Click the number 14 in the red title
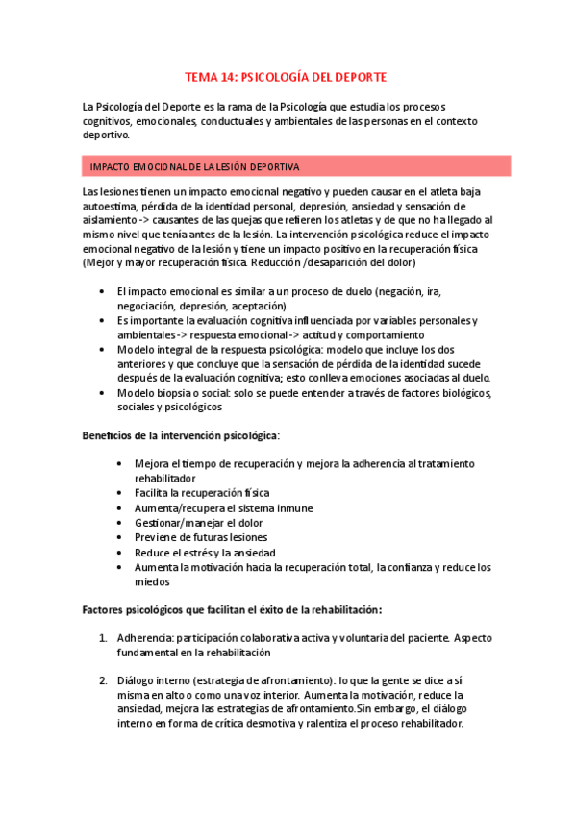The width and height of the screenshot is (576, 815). [x=229, y=76]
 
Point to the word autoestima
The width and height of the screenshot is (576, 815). [x=111, y=206]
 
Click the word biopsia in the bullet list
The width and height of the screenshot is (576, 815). [x=185, y=393]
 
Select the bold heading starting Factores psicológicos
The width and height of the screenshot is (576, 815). [x=233, y=609]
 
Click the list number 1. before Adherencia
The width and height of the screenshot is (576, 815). [x=104, y=638]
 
